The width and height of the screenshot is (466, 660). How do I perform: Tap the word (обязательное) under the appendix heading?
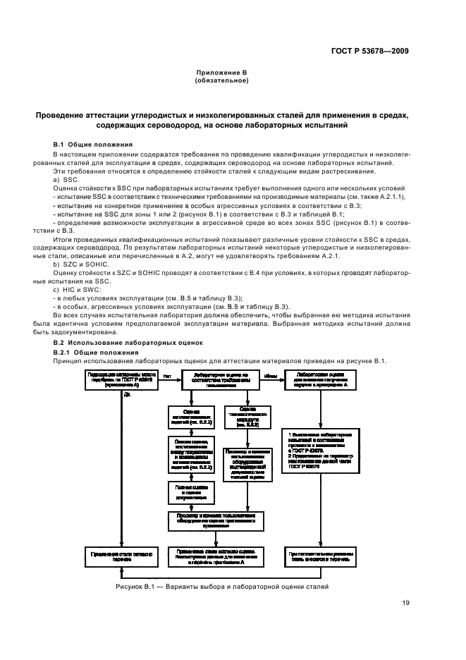[x=221, y=80]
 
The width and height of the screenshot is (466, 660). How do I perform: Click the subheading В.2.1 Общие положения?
[x=95, y=352]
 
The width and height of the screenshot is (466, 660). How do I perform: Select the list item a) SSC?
[x=66, y=180]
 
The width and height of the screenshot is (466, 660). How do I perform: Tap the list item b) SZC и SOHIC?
[x=79, y=263]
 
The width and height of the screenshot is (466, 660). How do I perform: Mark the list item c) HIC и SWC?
[x=77, y=289]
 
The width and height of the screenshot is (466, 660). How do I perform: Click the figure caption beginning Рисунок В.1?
[x=222, y=587]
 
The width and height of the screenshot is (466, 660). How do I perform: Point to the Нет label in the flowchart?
[x=167, y=376]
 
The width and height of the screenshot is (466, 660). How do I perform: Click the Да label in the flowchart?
[x=128, y=395]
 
